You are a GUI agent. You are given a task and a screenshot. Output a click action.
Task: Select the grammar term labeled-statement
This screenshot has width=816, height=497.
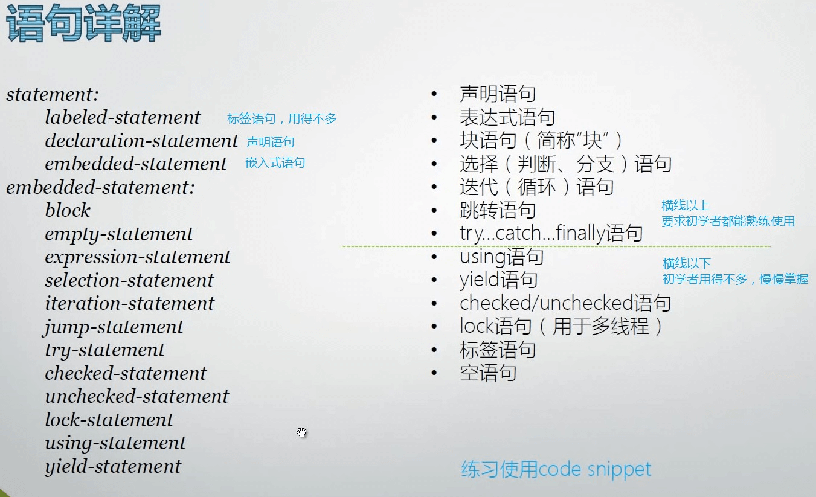123,117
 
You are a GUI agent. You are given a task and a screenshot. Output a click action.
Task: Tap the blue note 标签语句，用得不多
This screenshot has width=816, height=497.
281,119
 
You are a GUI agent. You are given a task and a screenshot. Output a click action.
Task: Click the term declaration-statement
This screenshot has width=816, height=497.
141,141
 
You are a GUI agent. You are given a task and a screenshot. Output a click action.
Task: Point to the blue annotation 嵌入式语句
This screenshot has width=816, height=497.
275,162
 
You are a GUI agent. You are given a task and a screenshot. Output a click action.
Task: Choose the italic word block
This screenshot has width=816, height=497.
68,211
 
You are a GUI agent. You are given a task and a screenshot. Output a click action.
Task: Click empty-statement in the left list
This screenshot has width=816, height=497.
119,234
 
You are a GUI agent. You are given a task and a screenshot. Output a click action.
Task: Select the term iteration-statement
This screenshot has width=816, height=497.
129,303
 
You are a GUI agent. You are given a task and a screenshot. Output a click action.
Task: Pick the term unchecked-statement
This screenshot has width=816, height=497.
137,396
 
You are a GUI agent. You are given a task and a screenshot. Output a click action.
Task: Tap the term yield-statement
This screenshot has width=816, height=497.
113,466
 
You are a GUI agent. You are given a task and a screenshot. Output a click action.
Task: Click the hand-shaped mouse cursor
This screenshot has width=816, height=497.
302,432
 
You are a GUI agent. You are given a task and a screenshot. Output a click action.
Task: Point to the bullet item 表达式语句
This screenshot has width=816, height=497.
507,117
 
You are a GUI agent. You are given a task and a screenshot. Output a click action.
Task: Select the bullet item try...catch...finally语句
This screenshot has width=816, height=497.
551,233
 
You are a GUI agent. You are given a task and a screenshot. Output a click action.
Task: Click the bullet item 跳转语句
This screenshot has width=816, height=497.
498,210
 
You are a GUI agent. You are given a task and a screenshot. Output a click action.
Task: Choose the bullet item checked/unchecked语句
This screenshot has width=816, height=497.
565,303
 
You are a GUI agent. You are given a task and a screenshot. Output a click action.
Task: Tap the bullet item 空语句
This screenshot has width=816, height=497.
488,373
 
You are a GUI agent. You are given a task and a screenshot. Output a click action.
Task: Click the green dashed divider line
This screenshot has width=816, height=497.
556,246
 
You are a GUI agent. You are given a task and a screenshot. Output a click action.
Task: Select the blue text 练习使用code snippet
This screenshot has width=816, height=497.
556,469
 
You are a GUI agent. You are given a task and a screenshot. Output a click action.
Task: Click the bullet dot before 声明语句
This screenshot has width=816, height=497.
434,94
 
